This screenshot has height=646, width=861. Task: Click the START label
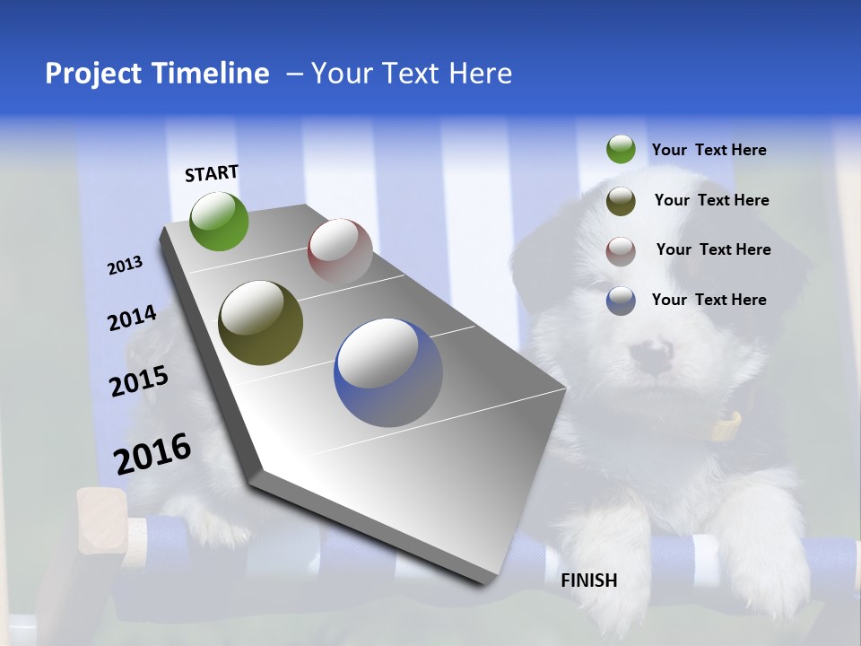click(212, 173)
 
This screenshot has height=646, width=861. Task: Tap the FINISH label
click(589, 581)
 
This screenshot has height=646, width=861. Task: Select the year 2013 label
click(125, 266)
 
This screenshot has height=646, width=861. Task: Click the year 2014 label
click(133, 319)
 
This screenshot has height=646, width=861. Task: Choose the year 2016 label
click(152, 454)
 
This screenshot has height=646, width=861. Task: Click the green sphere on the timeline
click(220, 221)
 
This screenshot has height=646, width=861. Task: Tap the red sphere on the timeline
click(340, 250)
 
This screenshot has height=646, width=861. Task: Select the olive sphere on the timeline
click(260, 323)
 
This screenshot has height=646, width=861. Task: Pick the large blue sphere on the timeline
click(388, 372)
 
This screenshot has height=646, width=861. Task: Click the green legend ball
click(621, 149)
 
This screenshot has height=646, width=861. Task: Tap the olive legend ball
click(621, 201)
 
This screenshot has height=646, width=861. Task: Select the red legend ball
click(621, 250)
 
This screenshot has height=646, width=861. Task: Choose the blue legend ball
click(621, 300)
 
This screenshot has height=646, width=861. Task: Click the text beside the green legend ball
click(709, 150)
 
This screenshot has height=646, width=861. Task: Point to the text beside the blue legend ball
click(709, 300)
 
